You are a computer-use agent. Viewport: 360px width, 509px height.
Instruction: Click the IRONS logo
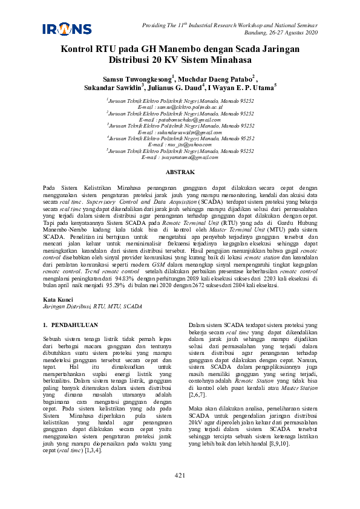click(67, 28)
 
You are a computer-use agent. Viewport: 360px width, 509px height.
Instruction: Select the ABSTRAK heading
click(180, 172)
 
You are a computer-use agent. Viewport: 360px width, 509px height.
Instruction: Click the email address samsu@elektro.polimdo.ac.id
click(180, 106)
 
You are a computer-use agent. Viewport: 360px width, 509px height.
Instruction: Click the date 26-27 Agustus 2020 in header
click(288, 32)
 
